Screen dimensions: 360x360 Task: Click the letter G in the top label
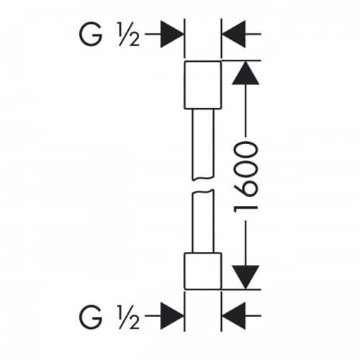91,34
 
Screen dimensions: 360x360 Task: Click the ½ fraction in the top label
129,34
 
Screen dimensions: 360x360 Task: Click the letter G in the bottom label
91,317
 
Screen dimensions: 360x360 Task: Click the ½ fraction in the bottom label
129,317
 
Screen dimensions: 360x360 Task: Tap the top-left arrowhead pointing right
171,34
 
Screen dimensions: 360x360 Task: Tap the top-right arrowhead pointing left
234,34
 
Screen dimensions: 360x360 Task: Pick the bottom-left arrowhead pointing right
171,316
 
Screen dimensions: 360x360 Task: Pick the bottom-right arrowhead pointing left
234,316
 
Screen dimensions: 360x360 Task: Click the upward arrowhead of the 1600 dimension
246,73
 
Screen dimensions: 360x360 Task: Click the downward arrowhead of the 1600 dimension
246,277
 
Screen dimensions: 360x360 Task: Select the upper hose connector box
203,85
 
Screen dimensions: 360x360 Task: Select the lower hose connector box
203,271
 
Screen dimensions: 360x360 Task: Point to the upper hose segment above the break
203,144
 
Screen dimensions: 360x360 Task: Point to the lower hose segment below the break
203,221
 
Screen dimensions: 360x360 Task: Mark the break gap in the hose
203,185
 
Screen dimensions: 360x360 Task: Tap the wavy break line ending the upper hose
203,179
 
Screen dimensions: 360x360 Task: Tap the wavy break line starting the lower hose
203,191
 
